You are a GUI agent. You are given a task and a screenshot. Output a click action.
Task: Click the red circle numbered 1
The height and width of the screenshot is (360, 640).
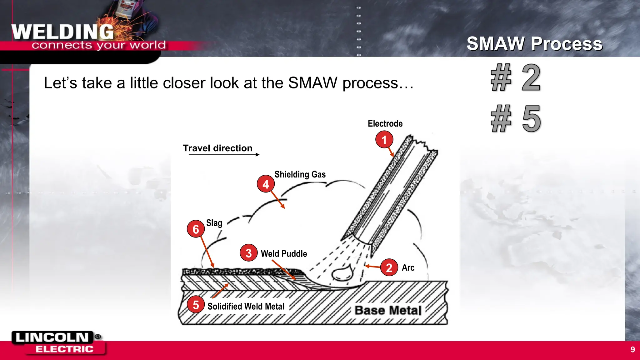click(384, 140)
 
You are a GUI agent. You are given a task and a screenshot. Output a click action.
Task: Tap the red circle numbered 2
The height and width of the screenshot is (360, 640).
click(389, 267)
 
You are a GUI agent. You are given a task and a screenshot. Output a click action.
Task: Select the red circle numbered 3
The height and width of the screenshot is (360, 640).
click(248, 253)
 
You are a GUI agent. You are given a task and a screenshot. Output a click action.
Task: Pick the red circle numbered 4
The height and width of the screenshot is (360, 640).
click(266, 184)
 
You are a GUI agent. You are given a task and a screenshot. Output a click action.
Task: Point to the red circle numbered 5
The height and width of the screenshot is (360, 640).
click(196, 304)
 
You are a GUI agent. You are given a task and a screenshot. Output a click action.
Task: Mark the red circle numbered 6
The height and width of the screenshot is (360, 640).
click(196, 229)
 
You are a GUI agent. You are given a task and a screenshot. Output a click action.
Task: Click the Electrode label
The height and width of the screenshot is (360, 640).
click(385, 123)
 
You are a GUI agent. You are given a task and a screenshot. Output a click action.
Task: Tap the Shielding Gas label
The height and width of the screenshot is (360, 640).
click(300, 174)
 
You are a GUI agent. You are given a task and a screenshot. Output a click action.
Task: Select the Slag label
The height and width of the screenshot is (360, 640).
click(214, 223)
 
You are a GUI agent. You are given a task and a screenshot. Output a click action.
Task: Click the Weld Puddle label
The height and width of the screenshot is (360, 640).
click(284, 253)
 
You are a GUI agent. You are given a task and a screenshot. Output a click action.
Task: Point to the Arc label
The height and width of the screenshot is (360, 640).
click(408, 267)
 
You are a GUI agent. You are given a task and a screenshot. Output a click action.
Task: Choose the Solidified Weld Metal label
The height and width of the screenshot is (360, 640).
click(246, 306)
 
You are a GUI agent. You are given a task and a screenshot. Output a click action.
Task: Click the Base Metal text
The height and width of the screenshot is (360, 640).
click(388, 310)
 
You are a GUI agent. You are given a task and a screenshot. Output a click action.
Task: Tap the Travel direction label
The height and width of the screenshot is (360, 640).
click(217, 148)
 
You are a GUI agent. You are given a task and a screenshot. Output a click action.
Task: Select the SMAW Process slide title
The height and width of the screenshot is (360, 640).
click(534, 43)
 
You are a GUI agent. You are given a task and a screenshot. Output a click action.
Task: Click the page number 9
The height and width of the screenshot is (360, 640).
click(632, 349)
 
